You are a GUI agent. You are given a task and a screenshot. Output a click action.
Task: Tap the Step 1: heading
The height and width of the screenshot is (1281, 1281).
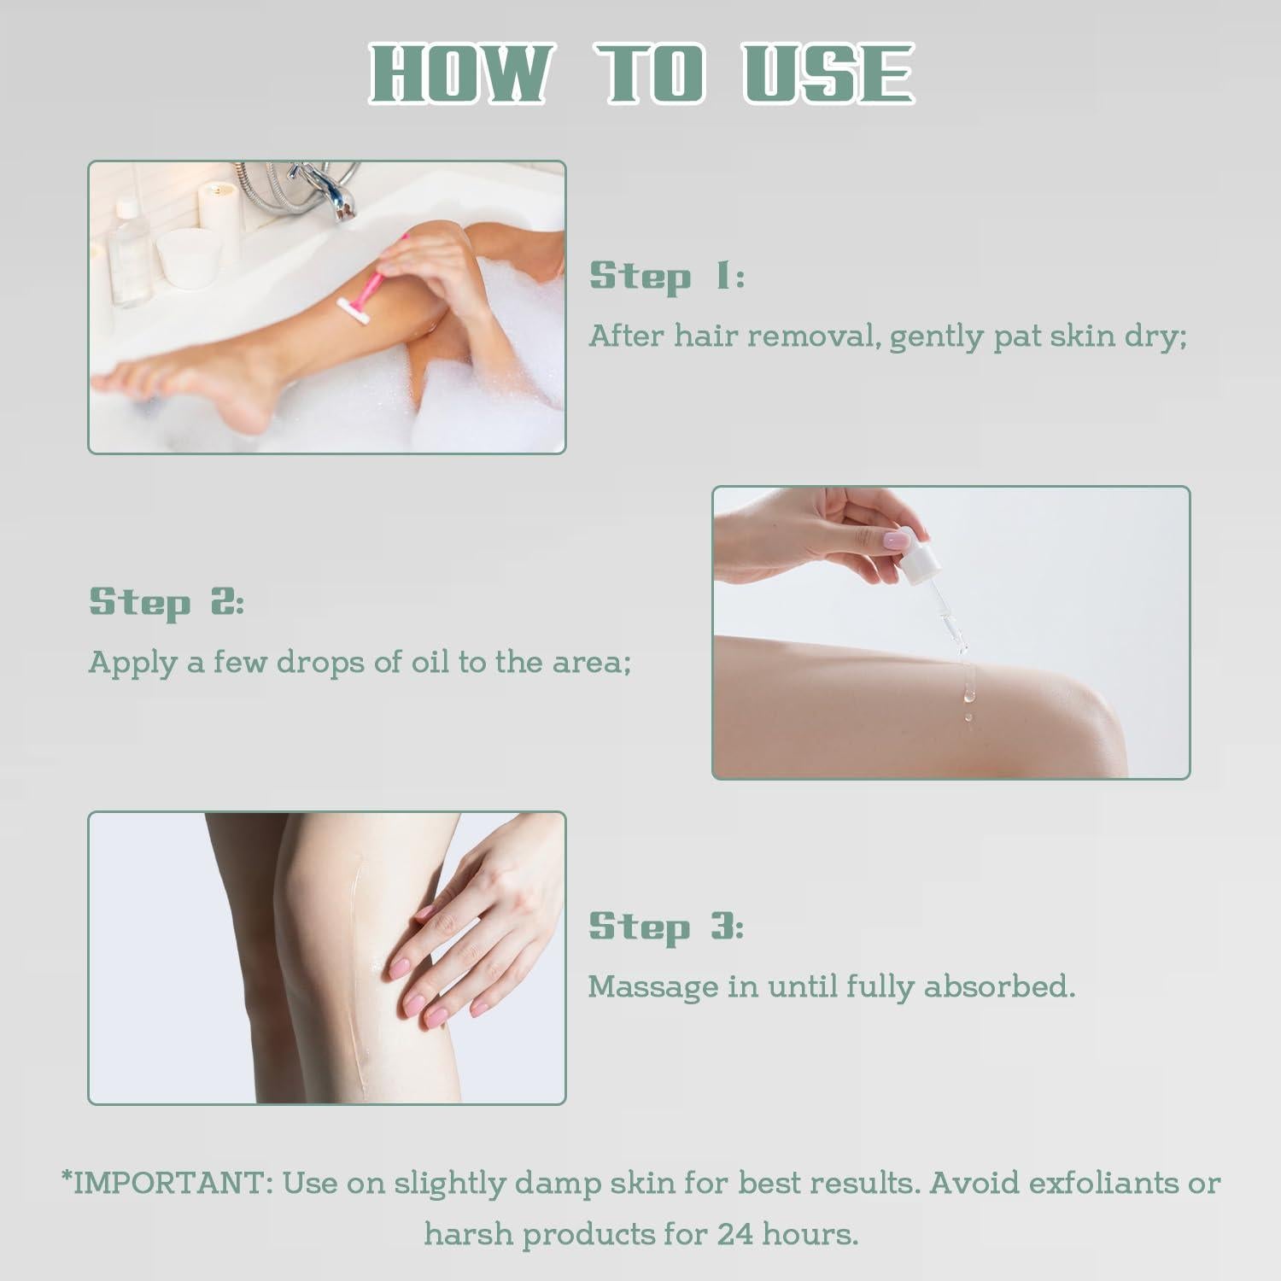pyautogui.click(x=667, y=277)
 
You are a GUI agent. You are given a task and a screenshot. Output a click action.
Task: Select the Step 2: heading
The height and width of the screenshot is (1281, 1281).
pyautogui.click(x=167, y=602)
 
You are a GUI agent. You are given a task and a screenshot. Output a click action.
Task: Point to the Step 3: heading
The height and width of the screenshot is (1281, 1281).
pyautogui.click(x=666, y=927)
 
